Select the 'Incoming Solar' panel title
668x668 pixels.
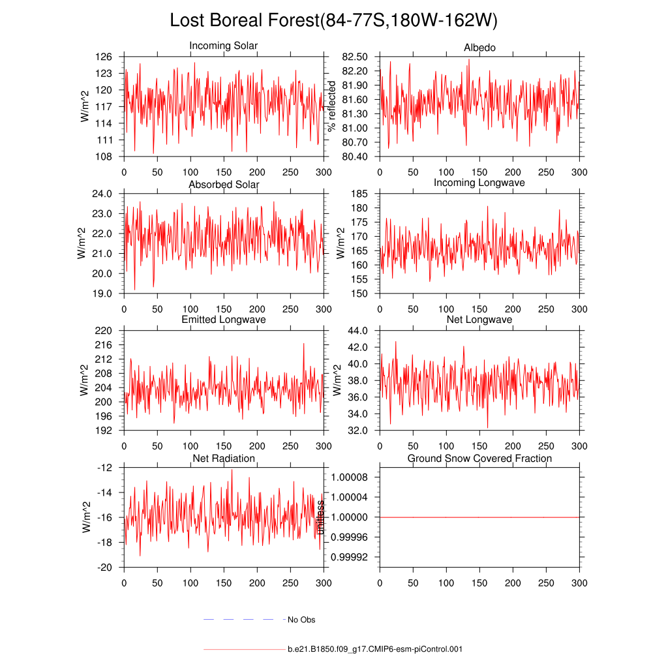(223, 46)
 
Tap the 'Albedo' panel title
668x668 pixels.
(479, 48)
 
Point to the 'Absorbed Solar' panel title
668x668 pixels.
(224, 185)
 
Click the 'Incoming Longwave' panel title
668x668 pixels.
(479, 183)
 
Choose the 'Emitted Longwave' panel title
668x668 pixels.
(224, 320)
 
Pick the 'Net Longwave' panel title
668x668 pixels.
(479, 320)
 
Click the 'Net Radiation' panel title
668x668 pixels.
(224, 459)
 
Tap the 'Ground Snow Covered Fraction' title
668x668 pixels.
(479, 459)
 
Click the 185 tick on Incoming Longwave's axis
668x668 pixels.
(359, 194)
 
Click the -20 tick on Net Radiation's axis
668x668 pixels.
(105, 568)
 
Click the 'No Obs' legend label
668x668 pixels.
(301, 620)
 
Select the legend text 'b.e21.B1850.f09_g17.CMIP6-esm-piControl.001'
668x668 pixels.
(375, 650)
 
